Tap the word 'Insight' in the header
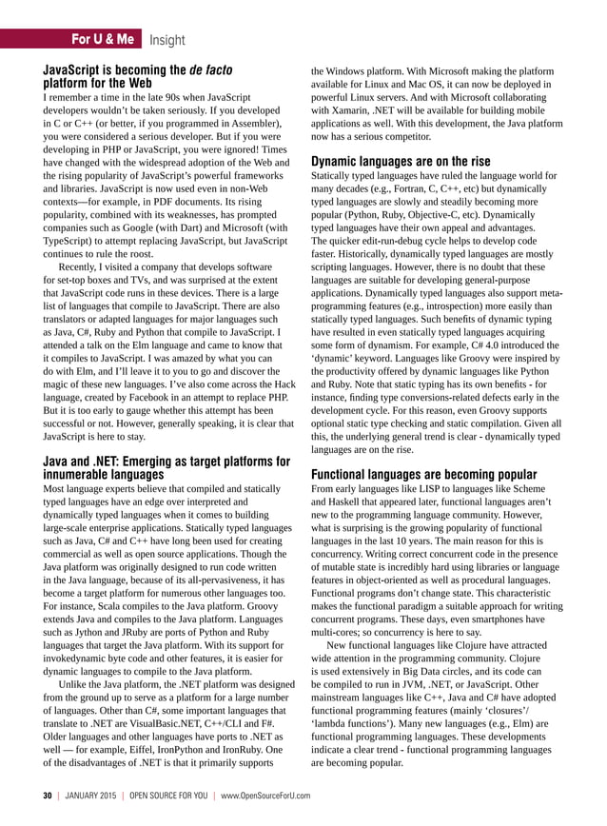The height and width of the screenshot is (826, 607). pyautogui.click(x=167, y=39)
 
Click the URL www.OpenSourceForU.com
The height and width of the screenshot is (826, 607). pyautogui.click(x=264, y=795)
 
